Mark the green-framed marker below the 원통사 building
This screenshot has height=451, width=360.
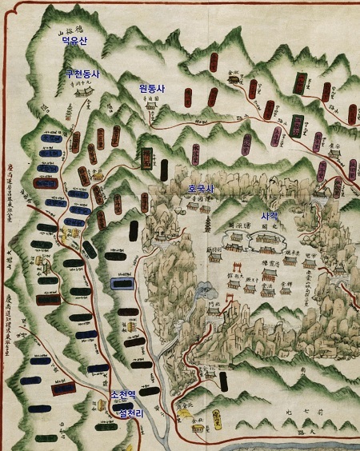pyautogui.click(x=148, y=158)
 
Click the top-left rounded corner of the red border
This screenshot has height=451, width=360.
pyautogui.click(x=6, y=6)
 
